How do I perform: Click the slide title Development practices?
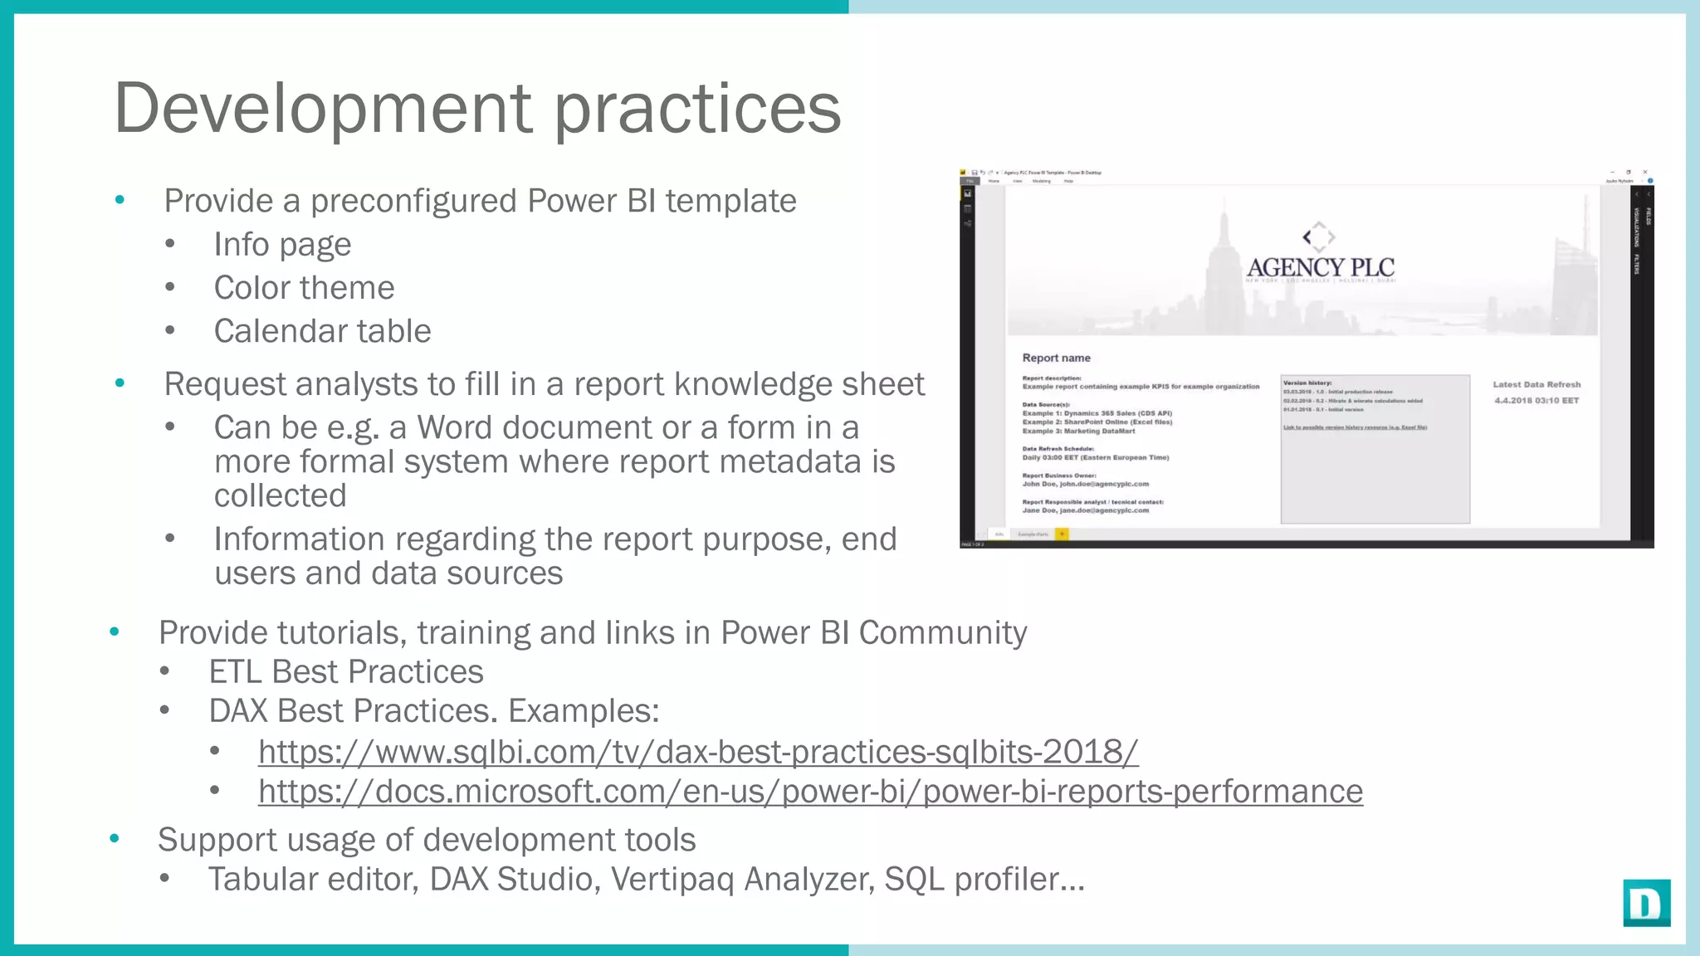477,108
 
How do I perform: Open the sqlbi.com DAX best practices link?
697,752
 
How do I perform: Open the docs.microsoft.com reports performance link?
809,792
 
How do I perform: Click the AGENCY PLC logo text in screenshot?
1320,267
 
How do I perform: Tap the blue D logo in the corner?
1646,903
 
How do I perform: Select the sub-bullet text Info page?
282,245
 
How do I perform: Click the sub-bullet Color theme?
304,288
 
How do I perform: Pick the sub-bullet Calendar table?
322,331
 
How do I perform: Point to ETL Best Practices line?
345,671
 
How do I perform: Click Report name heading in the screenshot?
1056,358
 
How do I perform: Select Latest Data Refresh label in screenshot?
1536,384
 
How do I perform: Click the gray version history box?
1375,473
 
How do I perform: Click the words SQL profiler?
984,880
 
